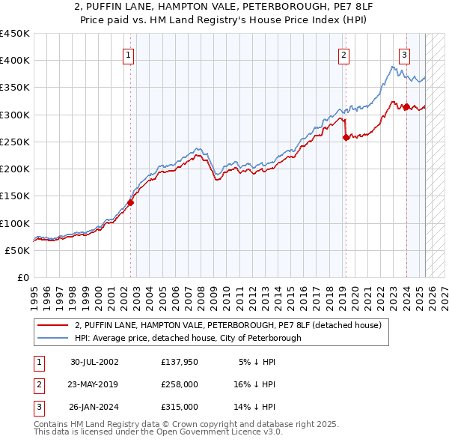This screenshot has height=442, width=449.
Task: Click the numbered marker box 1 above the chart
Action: coord(129,54)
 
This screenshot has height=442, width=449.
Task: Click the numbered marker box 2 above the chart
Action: coord(343,54)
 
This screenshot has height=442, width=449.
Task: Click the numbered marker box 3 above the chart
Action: coord(404,54)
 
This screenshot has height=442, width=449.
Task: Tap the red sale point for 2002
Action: coord(130,202)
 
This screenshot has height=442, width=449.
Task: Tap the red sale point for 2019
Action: coord(346,137)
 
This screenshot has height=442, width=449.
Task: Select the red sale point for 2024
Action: coord(406,106)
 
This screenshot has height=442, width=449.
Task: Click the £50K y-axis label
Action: coord(17,250)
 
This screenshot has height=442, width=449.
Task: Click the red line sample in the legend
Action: coord(53,325)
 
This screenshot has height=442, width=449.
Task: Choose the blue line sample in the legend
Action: coord(53,338)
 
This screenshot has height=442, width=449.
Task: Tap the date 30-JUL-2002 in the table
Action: coord(94,362)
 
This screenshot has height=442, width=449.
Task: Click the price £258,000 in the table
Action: coord(180,384)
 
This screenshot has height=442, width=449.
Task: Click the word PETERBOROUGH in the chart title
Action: coord(272,8)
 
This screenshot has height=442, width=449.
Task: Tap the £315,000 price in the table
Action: coord(180,407)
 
